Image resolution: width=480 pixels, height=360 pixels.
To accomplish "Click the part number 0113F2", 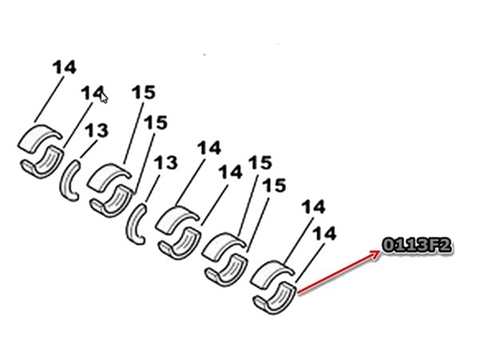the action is (x=417, y=246).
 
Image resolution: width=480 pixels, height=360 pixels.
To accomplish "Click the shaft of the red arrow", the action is (x=338, y=272).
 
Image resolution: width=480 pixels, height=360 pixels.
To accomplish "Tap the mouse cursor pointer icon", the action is (x=104, y=97).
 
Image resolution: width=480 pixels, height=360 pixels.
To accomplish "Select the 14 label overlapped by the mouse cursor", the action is (x=92, y=93).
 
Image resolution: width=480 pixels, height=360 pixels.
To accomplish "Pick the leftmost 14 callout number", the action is (x=64, y=67).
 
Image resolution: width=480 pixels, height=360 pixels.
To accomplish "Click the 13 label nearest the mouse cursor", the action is (x=97, y=131).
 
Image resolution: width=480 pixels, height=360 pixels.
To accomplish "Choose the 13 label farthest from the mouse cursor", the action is (x=165, y=162).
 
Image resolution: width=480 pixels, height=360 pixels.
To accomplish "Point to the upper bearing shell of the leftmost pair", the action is (x=38, y=137).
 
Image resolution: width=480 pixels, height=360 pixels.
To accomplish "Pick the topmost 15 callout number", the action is (x=143, y=92).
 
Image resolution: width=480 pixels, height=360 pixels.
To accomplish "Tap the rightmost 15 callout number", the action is (x=274, y=186).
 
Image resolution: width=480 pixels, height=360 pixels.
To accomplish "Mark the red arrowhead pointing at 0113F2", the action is (x=375, y=254).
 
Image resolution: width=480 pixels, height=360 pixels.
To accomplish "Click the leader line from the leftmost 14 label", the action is (x=49, y=99).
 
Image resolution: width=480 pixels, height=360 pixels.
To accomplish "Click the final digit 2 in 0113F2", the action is (x=446, y=246).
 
